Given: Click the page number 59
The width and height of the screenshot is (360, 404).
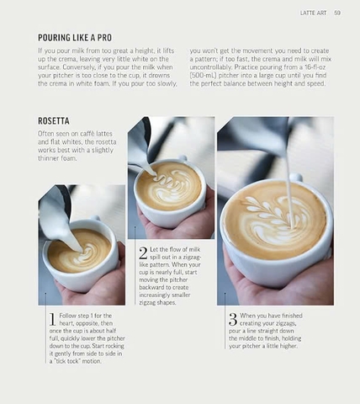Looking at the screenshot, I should (336, 13).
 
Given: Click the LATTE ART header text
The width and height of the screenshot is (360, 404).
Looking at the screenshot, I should (314, 13).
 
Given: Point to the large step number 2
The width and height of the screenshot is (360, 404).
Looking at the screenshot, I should (142, 252).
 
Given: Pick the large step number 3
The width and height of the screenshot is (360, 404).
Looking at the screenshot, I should (232, 318).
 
